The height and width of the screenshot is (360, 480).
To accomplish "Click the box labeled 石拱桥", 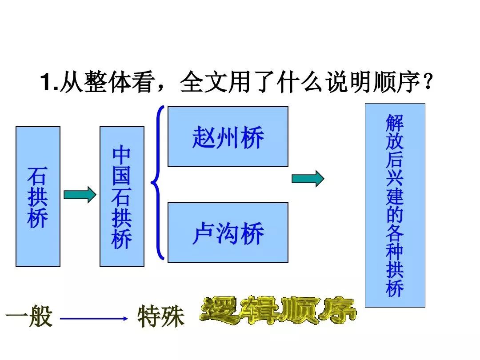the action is click(x=38, y=196).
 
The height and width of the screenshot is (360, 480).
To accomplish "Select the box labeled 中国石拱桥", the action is click(x=122, y=196).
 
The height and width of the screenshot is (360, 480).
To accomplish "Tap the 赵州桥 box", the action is click(x=228, y=136).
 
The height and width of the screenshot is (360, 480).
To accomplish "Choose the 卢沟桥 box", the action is click(x=228, y=232).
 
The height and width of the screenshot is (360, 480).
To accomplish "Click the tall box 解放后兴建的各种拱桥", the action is click(x=395, y=205).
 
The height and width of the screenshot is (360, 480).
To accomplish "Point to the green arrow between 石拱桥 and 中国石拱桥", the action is click(x=80, y=194).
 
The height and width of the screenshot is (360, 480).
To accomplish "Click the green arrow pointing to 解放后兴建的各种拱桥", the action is click(x=308, y=179).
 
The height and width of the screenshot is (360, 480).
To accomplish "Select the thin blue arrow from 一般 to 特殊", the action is click(x=94, y=319).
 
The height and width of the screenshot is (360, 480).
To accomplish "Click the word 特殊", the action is click(x=161, y=316).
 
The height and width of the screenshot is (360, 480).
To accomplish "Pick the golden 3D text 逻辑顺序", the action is click(x=278, y=310).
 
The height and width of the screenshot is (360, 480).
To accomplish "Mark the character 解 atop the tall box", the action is click(x=395, y=123).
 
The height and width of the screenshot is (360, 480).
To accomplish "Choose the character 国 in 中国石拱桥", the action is click(x=121, y=176).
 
